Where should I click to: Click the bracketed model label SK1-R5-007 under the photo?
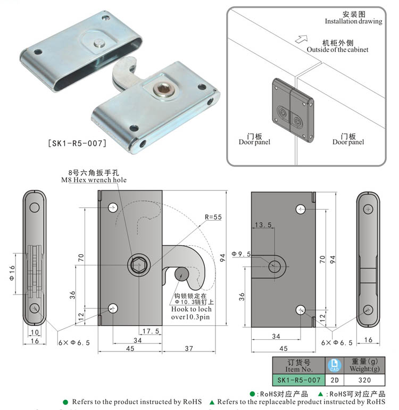click(x=77, y=143)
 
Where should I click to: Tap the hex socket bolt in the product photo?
click(x=161, y=91)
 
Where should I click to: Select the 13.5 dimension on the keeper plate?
click(x=263, y=225)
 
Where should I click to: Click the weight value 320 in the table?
click(x=364, y=380)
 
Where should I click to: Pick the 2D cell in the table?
click(x=334, y=380)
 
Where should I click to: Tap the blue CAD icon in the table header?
click(x=334, y=365)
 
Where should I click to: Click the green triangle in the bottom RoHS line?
click(x=212, y=402)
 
